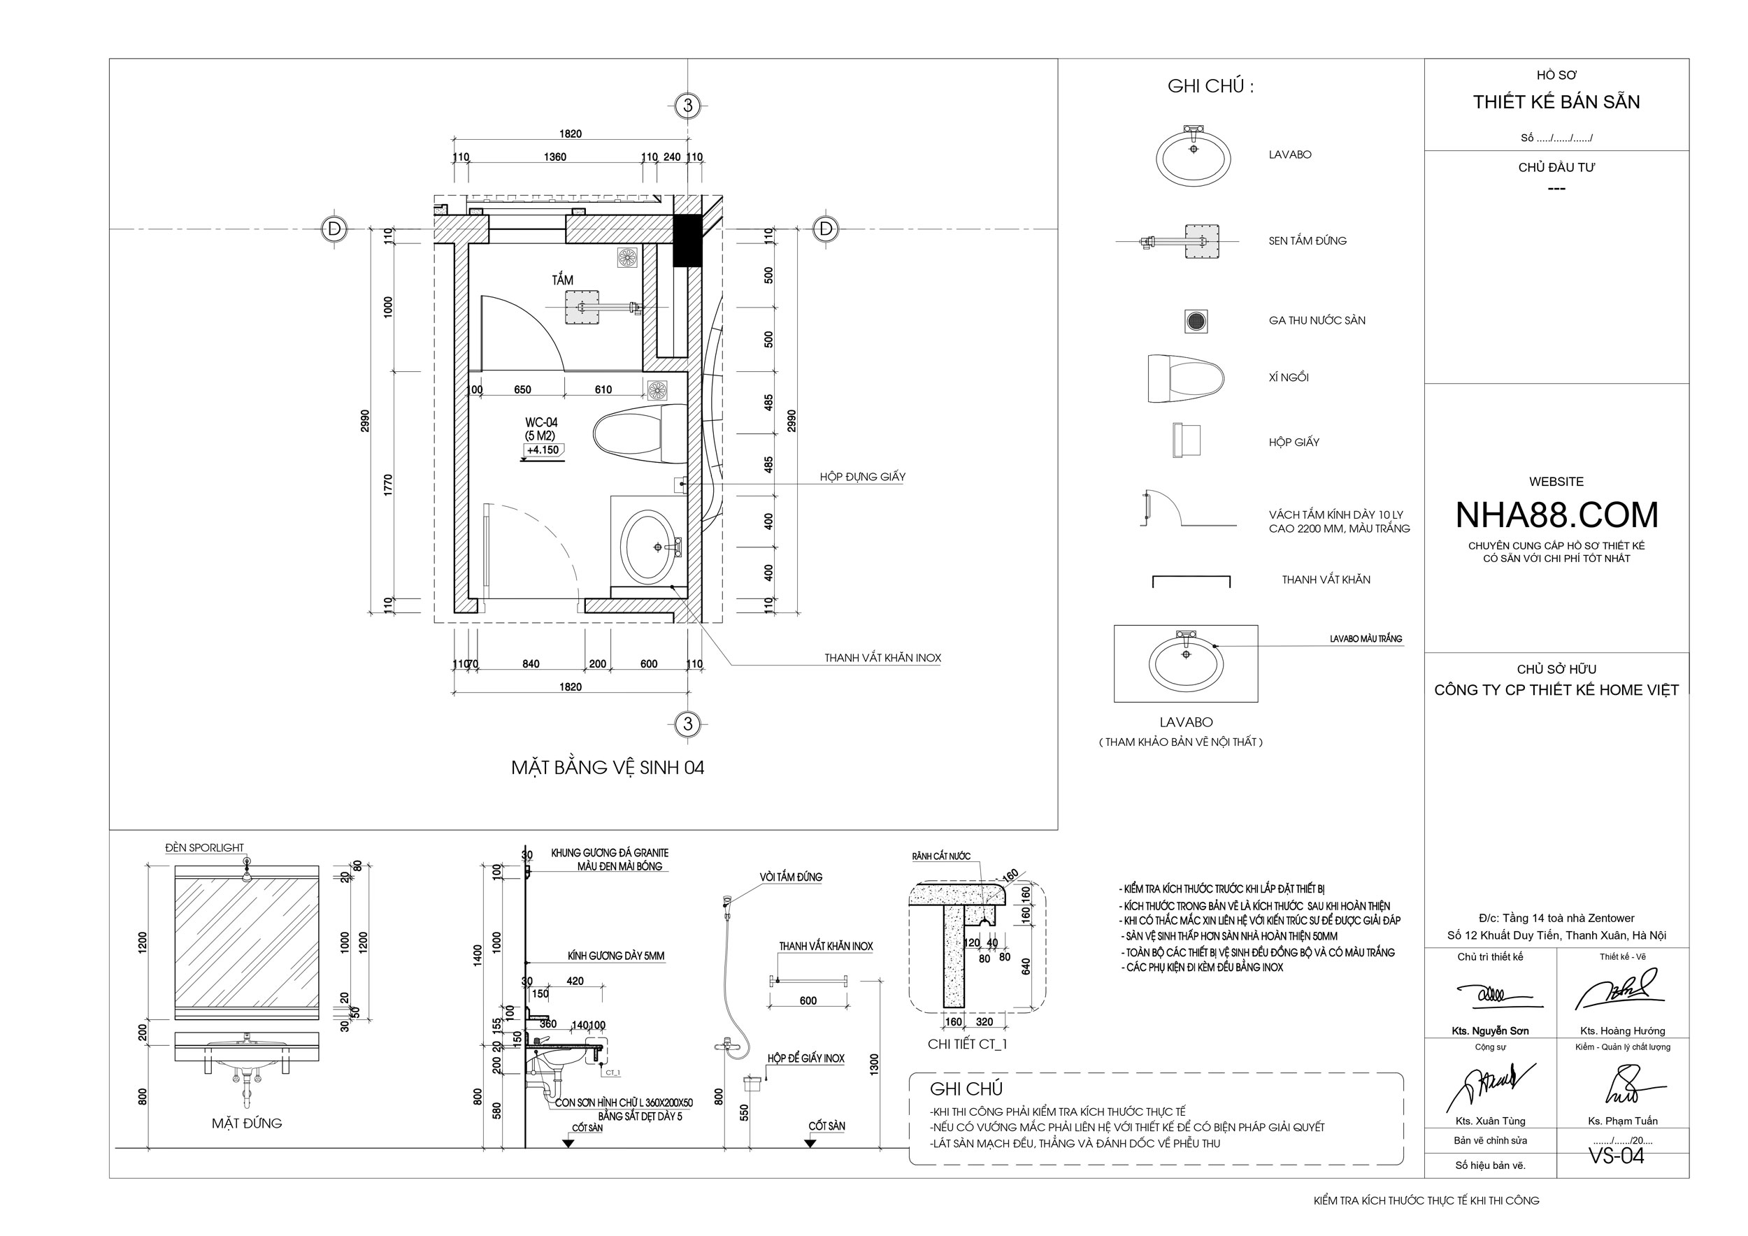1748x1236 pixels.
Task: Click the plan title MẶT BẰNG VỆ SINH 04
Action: point(608,767)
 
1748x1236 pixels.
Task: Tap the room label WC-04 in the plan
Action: point(541,422)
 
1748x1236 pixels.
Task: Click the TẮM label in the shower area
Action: point(563,280)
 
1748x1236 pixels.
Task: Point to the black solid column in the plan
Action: point(687,240)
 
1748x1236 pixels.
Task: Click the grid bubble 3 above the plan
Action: point(687,105)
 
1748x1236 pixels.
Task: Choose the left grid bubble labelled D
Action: point(334,229)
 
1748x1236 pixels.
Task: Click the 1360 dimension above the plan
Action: point(555,157)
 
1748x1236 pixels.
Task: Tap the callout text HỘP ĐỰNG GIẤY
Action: point(863,477)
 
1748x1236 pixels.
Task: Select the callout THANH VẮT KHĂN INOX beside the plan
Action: point(882,658)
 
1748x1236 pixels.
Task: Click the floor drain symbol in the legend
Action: point(1197,320)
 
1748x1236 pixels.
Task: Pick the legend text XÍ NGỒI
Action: point(1288,378)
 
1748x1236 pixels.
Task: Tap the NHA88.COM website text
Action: point(1556,515)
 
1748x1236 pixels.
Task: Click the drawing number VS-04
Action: point(1616,1156)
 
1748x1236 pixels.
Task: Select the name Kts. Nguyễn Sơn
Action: point(1490,1030)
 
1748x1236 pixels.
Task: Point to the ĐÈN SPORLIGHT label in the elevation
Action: point(205,847)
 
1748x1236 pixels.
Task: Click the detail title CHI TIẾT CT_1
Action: point(967,1044)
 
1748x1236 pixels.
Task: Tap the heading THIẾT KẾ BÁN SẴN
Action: point(1556,102)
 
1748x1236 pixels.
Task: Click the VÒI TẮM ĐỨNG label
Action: point(790,877)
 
